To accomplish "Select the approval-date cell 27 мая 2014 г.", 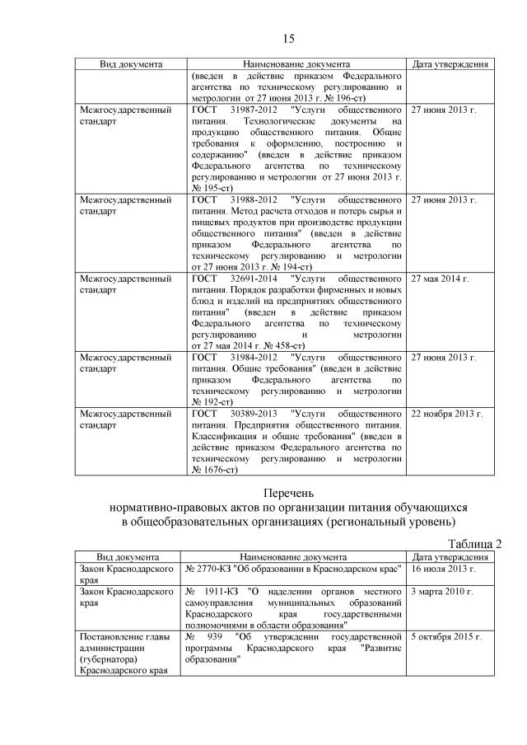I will [440, 279].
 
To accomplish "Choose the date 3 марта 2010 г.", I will [442, 593].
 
